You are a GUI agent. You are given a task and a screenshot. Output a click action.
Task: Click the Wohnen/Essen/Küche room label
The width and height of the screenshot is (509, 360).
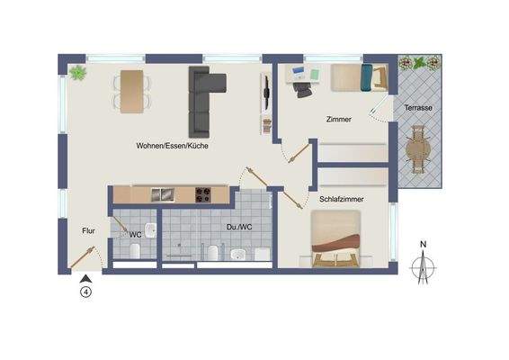click(x=173, y=145)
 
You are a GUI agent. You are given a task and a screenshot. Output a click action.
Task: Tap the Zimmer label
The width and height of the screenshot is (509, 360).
click(x=339, y=119)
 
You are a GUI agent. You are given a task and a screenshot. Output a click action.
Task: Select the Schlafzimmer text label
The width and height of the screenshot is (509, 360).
click(x=341, y=199)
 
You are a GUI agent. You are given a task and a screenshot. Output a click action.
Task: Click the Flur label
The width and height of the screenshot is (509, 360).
click(x=89, y=229)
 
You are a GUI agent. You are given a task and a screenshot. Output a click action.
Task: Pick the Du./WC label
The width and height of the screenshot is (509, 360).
click(x=238, y=229)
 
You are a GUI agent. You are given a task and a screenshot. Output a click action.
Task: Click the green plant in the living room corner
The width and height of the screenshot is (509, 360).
click(x=76, y=72)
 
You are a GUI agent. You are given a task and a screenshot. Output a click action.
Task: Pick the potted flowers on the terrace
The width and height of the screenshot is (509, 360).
click(x=419, y=65)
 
